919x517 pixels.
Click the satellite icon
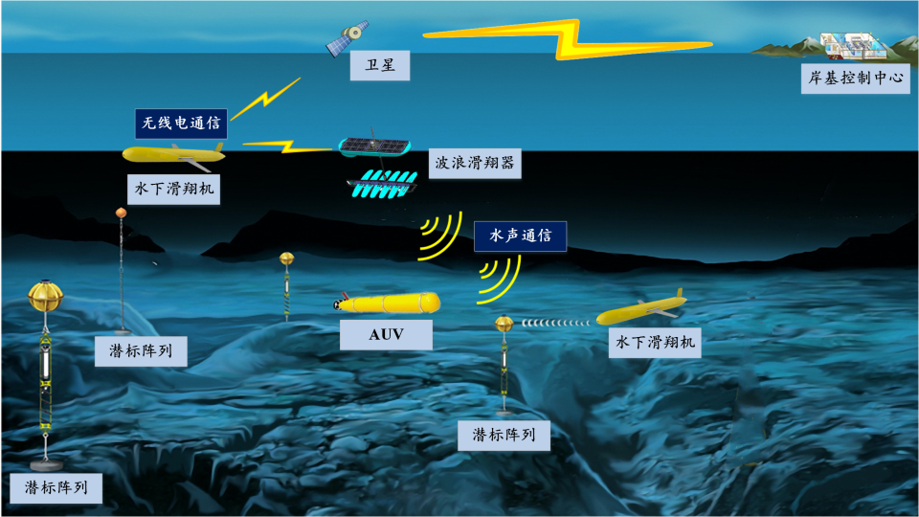click(347, 37)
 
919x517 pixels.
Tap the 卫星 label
click(380, 65)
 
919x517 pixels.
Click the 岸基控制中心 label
click(855, 78)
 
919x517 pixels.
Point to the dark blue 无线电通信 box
click(181, 124)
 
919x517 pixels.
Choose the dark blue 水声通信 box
click(521, 236)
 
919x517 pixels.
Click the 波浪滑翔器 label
click(475, 163)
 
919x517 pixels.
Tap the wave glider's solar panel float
click(374, 146)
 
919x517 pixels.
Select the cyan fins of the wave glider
click(382, 184)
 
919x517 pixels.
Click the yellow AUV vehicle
click(387, 303)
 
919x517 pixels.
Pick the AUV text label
click(386, 335)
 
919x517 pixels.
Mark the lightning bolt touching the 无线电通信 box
click(265, 99)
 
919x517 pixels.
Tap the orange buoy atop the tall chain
click(122, 213)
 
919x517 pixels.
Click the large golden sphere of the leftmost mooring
click(46, 296)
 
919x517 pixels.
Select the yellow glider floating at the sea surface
click(174, 155)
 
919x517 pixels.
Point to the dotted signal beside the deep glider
click(555, 323)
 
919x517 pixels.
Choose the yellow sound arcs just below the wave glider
click(440, 236)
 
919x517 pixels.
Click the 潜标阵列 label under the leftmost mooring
click(56, 488)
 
